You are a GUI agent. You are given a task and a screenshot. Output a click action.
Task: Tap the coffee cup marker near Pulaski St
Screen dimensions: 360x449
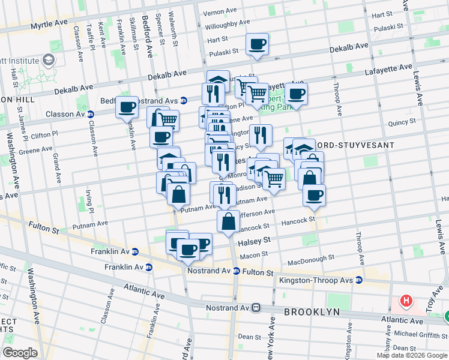pos(258,44)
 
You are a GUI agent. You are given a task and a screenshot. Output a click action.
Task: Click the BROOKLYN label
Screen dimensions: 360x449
pos(312,312)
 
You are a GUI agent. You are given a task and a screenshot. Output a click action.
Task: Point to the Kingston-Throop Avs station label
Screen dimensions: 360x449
pos(315,280)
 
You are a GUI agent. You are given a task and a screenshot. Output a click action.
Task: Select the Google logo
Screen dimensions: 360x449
pos(20,353)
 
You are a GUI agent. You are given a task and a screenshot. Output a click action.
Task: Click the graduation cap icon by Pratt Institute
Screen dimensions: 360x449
pos(47,61)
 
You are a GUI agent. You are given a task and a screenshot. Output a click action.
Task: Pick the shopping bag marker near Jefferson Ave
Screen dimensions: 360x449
pos(228,221)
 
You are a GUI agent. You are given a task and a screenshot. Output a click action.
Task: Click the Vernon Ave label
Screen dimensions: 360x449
pos(220,12)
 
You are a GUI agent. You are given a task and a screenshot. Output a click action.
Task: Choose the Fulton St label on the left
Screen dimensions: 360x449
pos(43,229)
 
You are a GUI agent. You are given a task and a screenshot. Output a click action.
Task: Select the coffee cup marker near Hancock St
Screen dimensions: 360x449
pos(314,195)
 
